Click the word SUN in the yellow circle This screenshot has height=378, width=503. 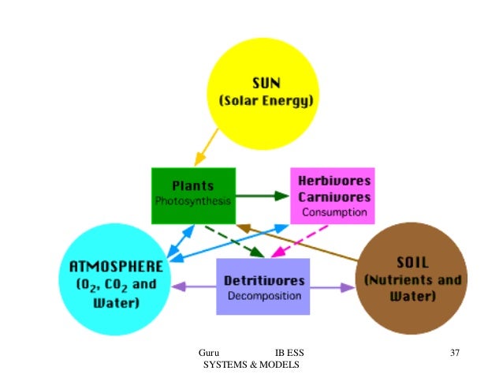click(266, 82)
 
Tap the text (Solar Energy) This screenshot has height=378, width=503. click(266, 102)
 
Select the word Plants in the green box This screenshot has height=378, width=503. click(193, 185)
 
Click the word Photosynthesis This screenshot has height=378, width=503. click(193, 201)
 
